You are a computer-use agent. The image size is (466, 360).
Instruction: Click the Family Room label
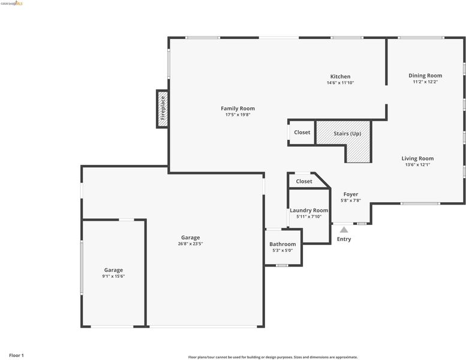click(x=237, y=109)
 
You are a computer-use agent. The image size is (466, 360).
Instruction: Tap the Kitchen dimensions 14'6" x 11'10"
click(x=340, y=83)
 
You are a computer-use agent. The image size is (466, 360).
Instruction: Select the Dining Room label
click(x=425, y=76)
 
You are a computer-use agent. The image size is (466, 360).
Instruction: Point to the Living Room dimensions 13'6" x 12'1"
click(x=417, y=164)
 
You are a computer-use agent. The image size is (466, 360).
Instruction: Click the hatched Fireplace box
click(x=163, y=109)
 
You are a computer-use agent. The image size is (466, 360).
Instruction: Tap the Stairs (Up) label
click(x=347, y=133)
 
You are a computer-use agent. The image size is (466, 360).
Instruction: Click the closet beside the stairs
click(x=302, y=133)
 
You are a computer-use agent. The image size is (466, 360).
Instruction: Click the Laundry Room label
click(x=309, y=211)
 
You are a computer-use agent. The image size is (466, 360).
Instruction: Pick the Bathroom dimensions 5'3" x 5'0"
click(x=282, y=251)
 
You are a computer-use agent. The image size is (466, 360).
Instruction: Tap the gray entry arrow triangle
click(x=344, y=229)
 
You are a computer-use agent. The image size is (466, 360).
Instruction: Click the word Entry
click(x=344, y=239)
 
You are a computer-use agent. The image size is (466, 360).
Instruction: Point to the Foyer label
click(x=351, y=194)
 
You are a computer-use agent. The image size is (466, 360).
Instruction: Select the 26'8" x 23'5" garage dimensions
click(x=191, y=244)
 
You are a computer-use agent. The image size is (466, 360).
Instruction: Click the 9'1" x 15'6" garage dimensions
click(x=113, y=277)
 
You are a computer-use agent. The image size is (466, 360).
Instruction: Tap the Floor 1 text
click(x=16, y=355)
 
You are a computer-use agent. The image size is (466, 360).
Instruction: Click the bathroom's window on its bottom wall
click(x=282, y=265)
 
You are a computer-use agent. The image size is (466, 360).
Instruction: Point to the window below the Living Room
click(x=420, y=203)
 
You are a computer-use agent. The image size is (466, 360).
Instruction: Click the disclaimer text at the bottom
click(x=273, y=358)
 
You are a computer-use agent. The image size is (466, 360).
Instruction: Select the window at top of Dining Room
click(x=421, y=38)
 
